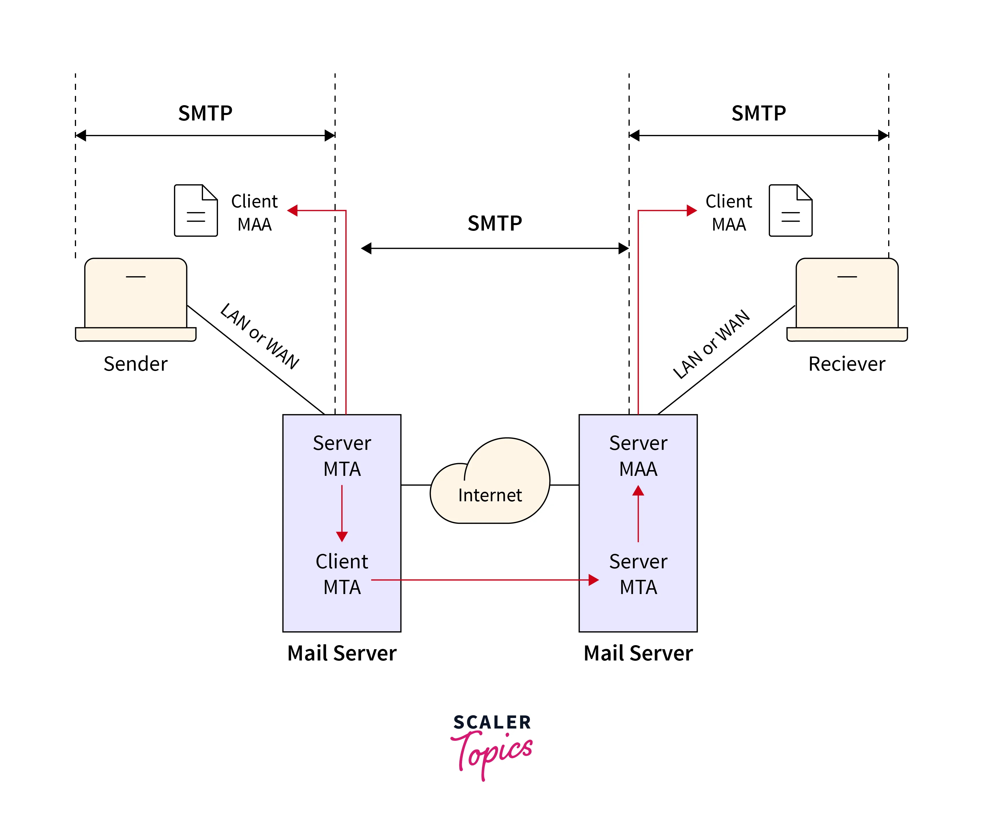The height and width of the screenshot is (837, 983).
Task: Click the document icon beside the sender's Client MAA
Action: [196, 211]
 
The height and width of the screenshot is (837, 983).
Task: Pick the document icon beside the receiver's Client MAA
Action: [790, 211]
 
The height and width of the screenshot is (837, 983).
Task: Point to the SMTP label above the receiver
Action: [759, 113]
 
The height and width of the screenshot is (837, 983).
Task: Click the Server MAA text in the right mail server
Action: [638, 456]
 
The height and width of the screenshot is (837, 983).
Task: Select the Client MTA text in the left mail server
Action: [341, 574]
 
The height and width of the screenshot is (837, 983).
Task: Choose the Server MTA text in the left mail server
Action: [341, 456]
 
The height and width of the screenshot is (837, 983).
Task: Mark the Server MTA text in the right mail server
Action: [638, 574]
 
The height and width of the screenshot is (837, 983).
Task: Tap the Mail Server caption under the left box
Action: [341, 653]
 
